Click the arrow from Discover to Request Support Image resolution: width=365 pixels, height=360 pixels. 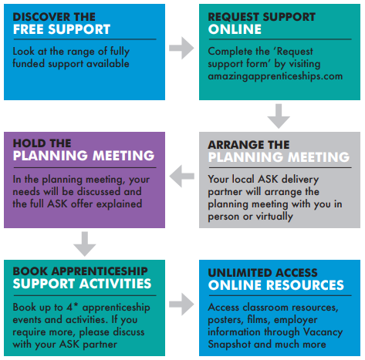point(181,48)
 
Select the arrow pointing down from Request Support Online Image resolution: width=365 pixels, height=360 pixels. point(279,116)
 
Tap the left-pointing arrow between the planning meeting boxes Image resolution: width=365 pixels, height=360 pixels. point(182,177)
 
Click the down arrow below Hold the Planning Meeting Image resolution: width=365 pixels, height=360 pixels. point(85,244)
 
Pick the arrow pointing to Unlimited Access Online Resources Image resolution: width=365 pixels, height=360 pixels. point(181,304)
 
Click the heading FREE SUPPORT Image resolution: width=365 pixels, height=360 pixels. point(62,29)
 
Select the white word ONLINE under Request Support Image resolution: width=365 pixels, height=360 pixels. point(235,29)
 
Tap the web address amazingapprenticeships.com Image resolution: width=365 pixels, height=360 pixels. point(275,76)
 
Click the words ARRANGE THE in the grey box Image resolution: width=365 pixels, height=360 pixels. point(248,145)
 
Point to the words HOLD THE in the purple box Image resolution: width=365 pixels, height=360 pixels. point(42,143)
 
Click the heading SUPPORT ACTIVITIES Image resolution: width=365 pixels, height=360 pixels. point(82,284)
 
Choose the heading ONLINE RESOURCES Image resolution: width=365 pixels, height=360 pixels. point(276,285)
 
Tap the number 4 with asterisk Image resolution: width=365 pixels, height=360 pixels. point(73,307)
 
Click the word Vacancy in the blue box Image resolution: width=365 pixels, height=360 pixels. point(323,332)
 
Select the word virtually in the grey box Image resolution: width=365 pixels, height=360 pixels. point(275,217)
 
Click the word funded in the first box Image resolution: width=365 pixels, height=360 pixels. point(29,63)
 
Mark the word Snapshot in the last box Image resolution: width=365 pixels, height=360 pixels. point(229,345)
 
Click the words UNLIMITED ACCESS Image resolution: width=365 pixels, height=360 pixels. point(262,273)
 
